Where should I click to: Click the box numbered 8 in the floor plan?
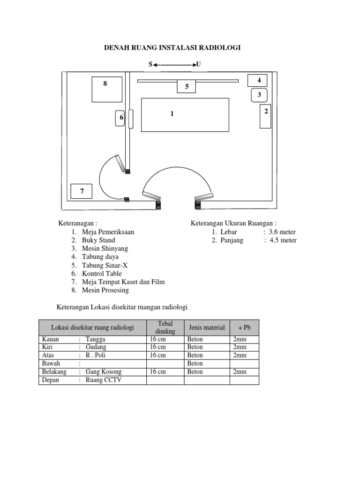106,89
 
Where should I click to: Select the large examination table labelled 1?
185,115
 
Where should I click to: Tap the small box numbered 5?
187,86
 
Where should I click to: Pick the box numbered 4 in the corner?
257,81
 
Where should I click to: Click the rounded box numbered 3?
259,95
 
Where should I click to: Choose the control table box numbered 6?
121,118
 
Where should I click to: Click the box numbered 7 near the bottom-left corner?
82,191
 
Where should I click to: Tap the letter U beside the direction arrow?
199,64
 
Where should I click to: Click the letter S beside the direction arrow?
150,64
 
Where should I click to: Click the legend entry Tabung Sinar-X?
105,265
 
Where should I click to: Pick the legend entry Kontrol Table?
102,274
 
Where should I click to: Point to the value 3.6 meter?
282,232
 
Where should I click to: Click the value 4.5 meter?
283,240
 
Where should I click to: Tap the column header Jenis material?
206,328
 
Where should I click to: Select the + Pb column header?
244,328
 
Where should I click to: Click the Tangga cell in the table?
96,339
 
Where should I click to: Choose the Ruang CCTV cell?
103,380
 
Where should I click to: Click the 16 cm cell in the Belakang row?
157,372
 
